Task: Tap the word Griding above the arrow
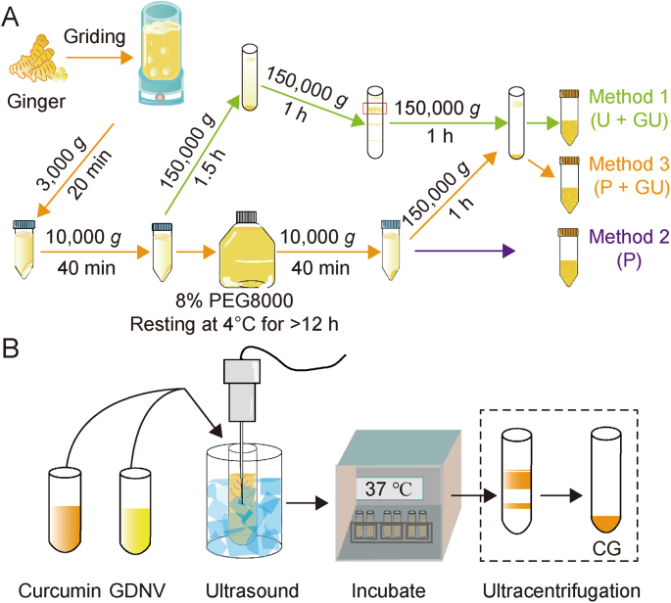pos(95,36)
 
